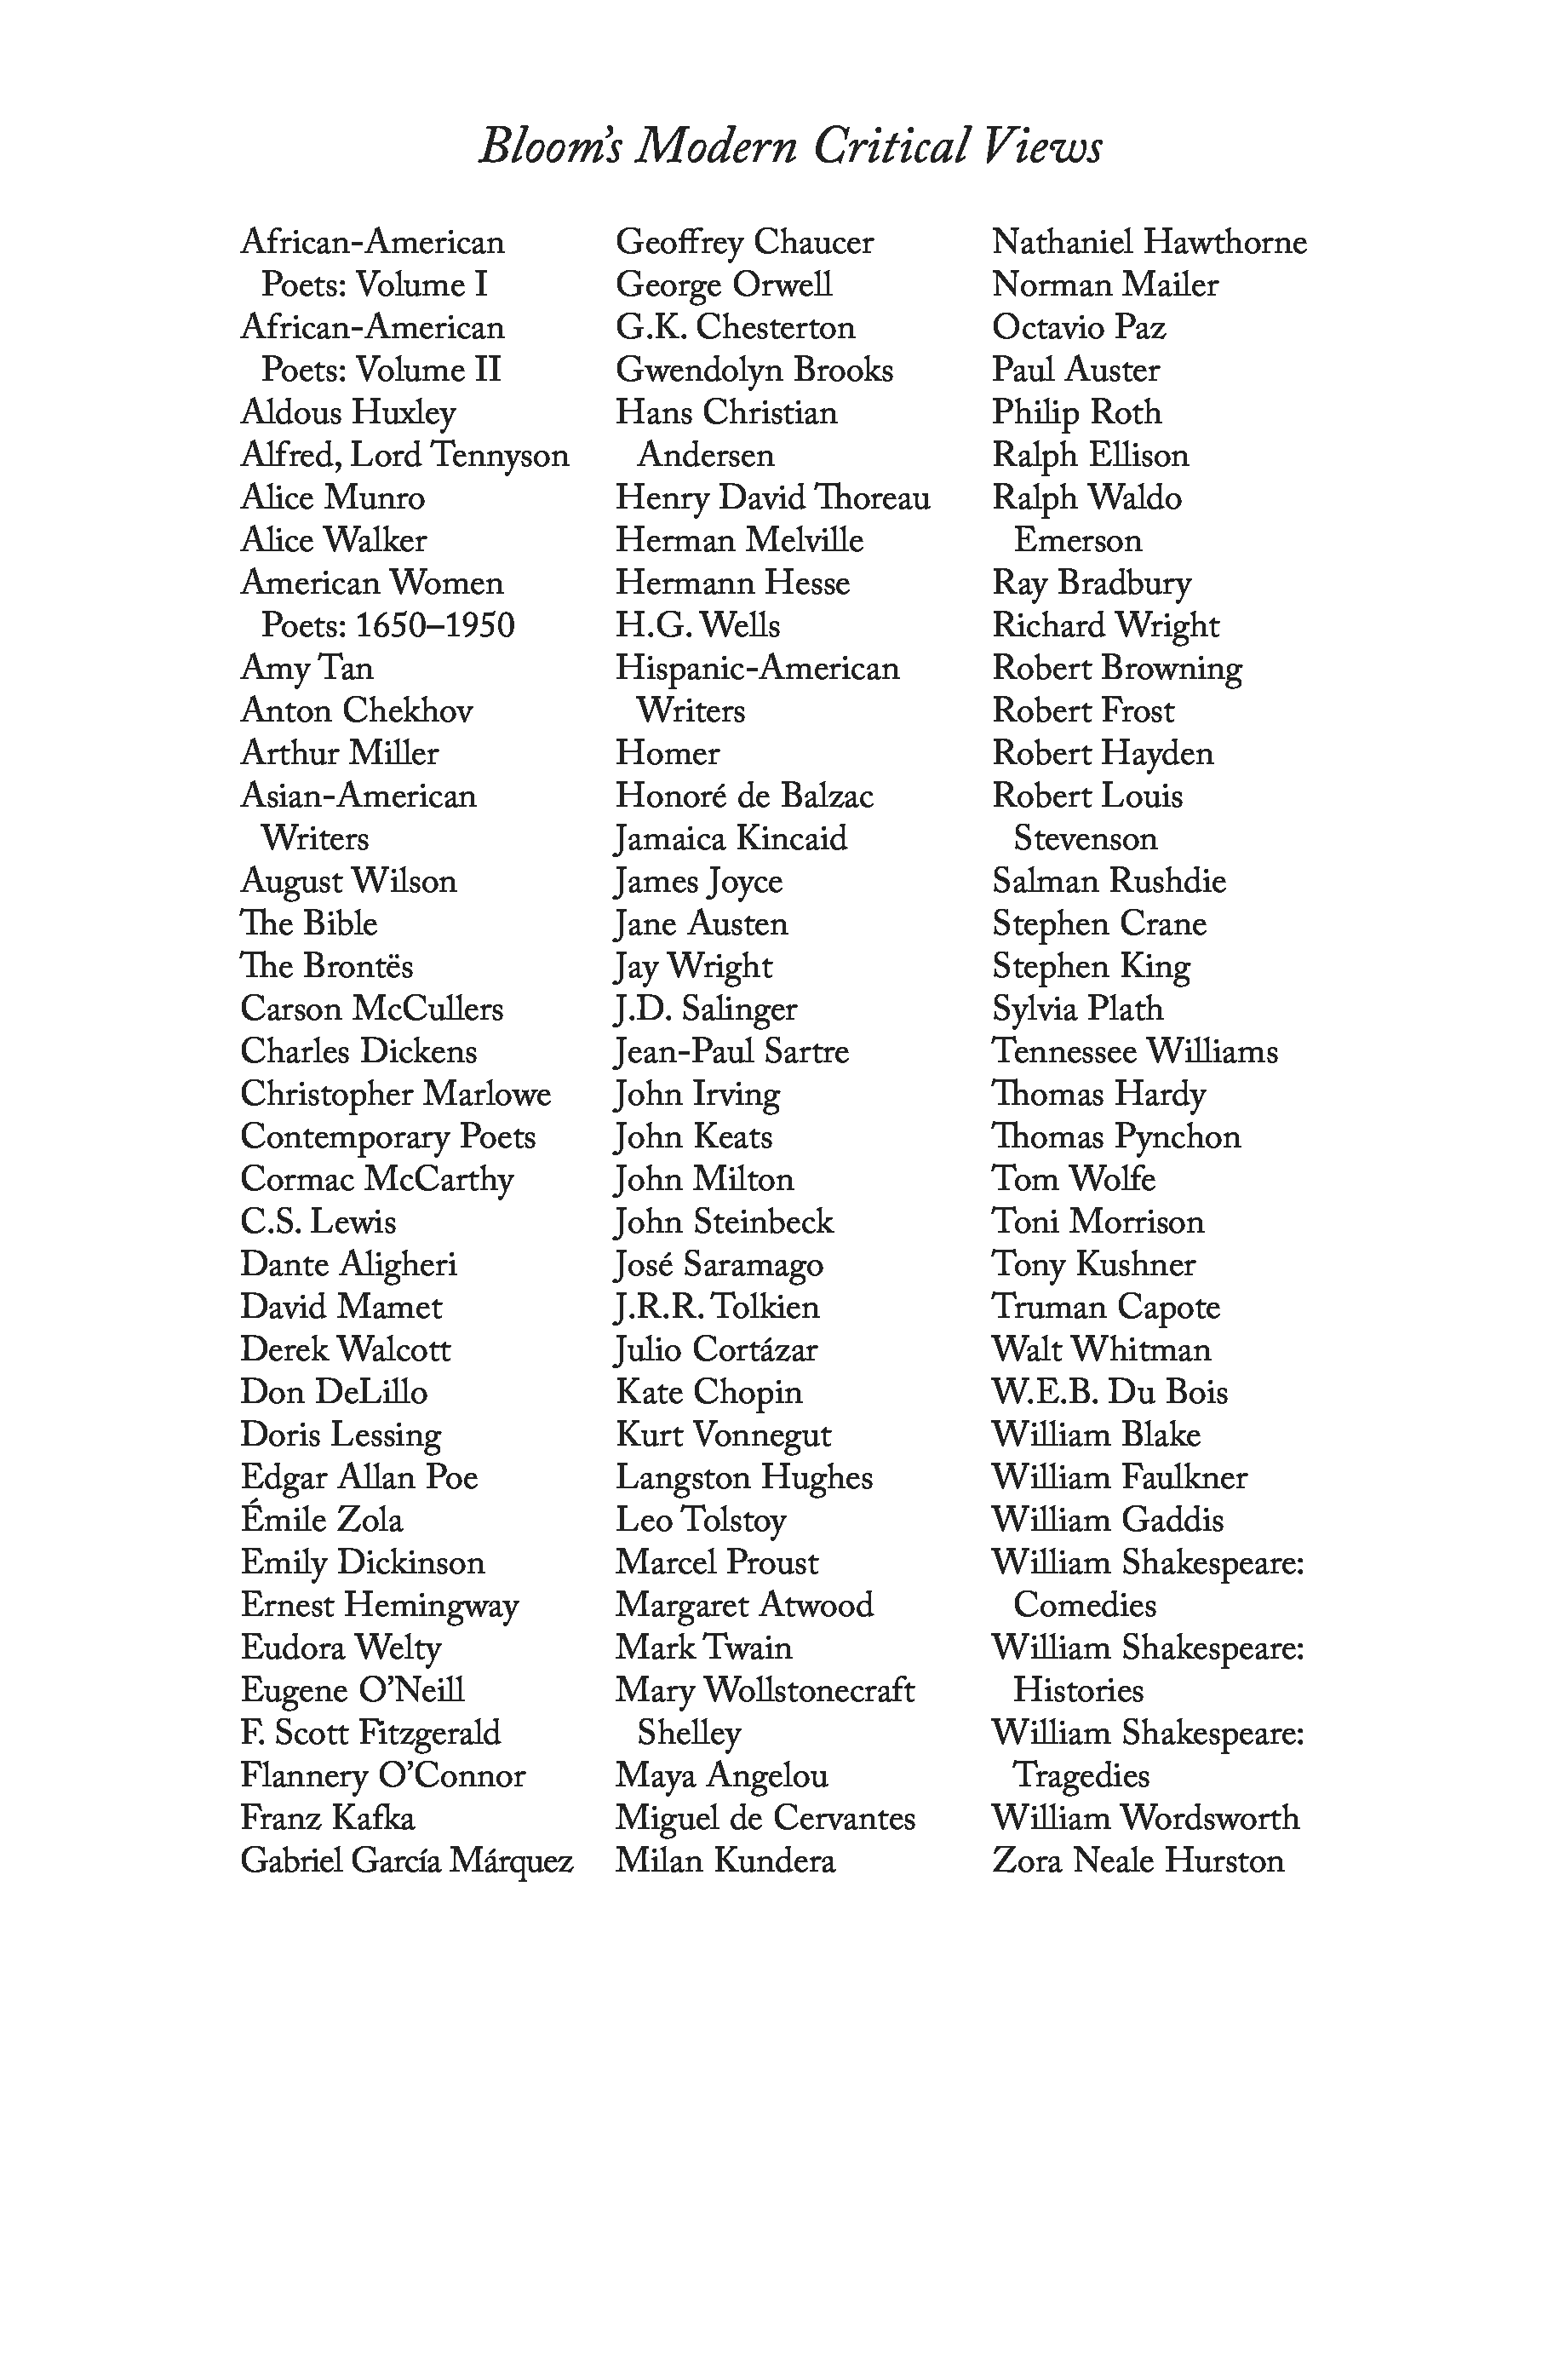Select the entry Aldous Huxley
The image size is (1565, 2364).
[348, 412]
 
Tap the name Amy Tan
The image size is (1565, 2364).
[307, 668]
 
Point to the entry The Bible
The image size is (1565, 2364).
[308, 923]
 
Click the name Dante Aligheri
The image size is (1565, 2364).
[348, 1265]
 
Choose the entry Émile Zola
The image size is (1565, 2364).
[321, 1520]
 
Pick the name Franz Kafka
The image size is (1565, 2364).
[327, 1818]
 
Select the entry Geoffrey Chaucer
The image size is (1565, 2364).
[744, 243]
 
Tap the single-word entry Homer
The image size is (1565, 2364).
[667, 753]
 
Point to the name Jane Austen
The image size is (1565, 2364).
[702, 923]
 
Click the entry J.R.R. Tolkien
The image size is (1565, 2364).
[717, 1307]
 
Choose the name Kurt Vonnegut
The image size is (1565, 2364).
[724, 1435]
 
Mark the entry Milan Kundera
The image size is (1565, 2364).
[725, 1861]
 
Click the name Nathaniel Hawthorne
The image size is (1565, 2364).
[1149, 243]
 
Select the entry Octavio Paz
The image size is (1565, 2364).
[1079, 327]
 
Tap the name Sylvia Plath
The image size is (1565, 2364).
[1078, 1009]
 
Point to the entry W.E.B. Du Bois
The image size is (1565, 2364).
[1109, 1392]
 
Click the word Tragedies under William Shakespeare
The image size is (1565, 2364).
[1081, 1775]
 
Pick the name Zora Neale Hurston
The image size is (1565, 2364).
[1138, 1861]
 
